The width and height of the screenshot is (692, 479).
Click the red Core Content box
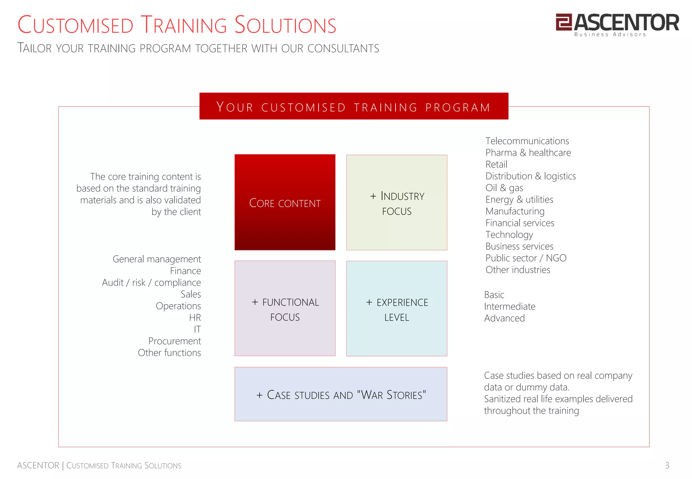(x=285, y=202)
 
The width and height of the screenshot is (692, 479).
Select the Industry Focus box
(x=397, y=203)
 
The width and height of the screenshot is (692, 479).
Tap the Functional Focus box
(x=285, y=308)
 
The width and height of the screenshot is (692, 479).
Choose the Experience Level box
(x=397, y=308)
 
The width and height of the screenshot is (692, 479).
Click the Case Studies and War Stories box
(x=341, y=394)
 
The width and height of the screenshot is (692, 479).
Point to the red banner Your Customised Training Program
(x=353, y=106)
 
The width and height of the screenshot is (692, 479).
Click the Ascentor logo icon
(x=564, y=22)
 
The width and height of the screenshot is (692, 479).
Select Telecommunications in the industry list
(x=527, y=141)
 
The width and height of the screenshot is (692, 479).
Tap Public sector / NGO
(x=526, y=258)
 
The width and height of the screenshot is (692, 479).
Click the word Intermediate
(x=510, y=306)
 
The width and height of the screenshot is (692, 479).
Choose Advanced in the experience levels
(x=504, y=318)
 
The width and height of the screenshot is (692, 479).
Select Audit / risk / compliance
(x=151, y=282)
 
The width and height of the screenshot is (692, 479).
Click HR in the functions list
(x=195, y=318)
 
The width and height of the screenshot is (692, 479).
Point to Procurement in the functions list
(x=174, y=341)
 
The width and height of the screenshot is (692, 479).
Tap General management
(x=156, y=259)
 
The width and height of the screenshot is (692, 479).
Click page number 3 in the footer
(x=667, y=465)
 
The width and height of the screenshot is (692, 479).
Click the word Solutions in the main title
(x=285, y=25)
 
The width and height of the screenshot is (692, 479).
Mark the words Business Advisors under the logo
(x=610, y=34)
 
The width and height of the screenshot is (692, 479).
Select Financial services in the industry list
(x=520, y=223)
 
